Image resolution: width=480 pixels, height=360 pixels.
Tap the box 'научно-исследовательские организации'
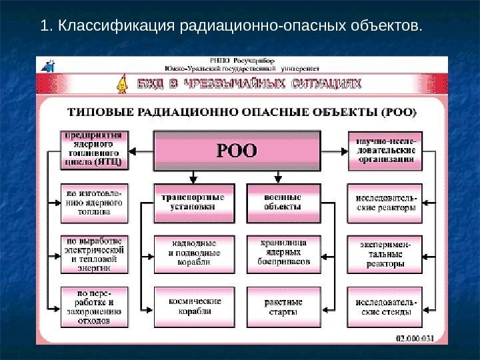click(x=385, y=148)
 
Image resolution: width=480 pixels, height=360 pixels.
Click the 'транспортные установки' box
click(x=194, y=203)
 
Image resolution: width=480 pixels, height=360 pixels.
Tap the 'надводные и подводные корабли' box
click(x=194, y=254)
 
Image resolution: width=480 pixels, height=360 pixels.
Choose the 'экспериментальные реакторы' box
click(x=385, y=254)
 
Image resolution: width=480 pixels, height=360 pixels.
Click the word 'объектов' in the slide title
click(x=389, y=27)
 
